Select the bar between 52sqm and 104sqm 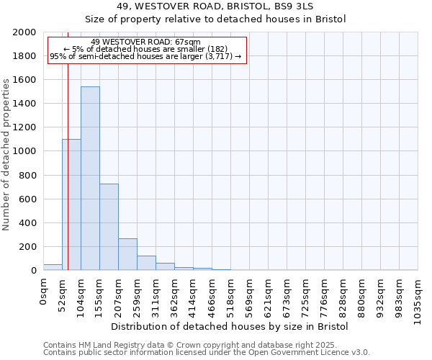71,204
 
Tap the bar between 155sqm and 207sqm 109,227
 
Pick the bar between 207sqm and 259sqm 127,254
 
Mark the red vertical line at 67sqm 68,166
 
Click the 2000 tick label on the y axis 24,32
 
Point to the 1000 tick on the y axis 24,151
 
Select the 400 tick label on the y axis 27,223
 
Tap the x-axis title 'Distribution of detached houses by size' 230,326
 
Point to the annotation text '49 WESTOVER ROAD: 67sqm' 146,42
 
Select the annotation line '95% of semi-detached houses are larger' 146,56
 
